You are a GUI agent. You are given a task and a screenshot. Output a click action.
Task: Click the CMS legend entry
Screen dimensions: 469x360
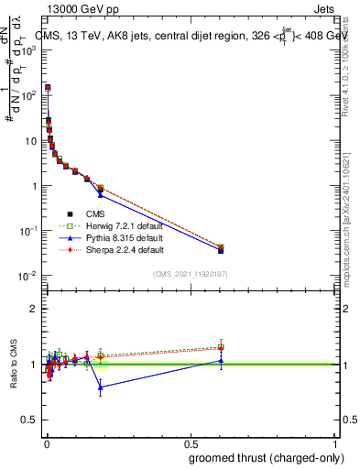pos(83,213)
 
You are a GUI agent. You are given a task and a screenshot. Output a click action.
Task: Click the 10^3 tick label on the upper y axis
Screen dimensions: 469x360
pos(29,50)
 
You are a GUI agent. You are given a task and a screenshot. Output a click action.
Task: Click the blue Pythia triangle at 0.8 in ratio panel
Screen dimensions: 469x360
pos(101,387)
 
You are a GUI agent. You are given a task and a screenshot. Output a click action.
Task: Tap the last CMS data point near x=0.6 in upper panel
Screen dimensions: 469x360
pos(221,249)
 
